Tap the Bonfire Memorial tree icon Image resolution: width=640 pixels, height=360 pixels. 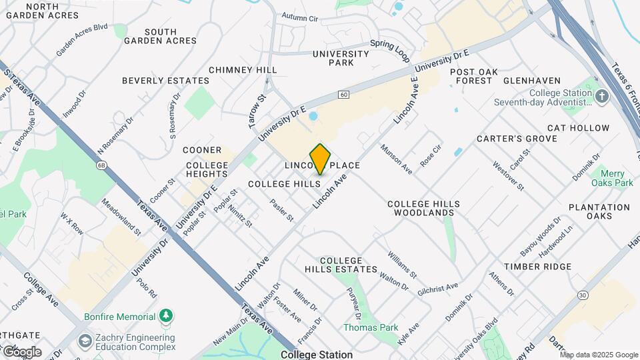tap(166, 315)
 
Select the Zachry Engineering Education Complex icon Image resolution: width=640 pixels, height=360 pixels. tap(85, 341)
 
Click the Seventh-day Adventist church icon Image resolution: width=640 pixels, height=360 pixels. tap(602, 97)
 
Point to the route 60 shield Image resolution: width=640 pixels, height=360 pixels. tap(343, 95)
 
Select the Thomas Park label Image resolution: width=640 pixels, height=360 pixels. tap(370, 327)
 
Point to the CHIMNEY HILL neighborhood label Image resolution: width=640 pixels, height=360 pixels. tap(243, 70)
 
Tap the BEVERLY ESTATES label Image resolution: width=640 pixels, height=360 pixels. tap(165, 81)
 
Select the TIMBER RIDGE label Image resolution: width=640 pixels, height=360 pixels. tap(537, 267)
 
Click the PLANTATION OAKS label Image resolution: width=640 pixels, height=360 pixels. tap(599, 211)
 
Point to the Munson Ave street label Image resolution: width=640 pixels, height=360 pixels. tap(396, 159)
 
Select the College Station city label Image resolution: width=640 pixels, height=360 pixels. tap(317, 355)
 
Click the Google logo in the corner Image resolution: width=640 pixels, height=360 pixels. tap(21, 351)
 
